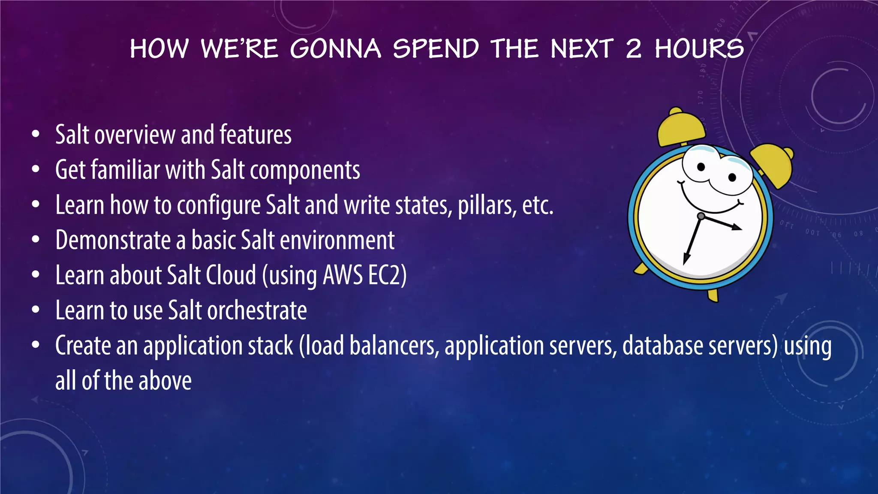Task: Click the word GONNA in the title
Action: tap(335, 48)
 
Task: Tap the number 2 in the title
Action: tap(633, 48)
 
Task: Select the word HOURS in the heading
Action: tap(699, 48)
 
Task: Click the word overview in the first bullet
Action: tap(135, 135)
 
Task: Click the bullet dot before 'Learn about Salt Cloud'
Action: tap(36, 274)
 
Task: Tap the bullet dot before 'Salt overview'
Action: tap(36, 134)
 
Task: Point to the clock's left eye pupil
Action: tap(701, 167)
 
